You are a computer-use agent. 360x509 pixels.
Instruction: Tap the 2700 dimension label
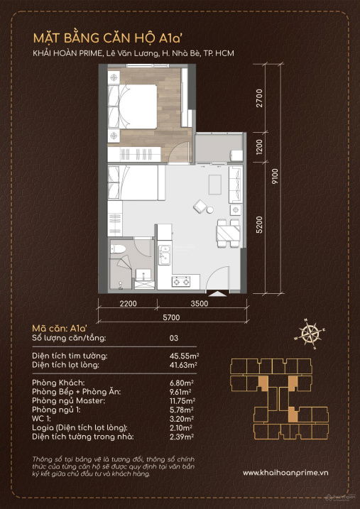click(x=258, y=98)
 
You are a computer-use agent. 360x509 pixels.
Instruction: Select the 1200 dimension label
click(x=258, y=147)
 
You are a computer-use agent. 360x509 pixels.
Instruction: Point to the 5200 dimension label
click(x=258, y=224)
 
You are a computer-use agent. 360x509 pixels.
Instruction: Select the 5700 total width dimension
click(x=170, y=317)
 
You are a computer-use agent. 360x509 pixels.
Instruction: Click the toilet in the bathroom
click(x=118, y=248)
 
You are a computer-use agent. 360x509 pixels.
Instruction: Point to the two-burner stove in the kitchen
click(x=181, y=281)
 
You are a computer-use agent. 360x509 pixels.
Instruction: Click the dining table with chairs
click(x=228, y=234)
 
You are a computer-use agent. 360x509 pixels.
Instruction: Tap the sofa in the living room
click(x=236, y=185)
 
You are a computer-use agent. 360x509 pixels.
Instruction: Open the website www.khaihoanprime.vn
click(x=285, y=473)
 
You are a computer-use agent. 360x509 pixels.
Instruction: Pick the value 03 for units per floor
click(x=174, y=338)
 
